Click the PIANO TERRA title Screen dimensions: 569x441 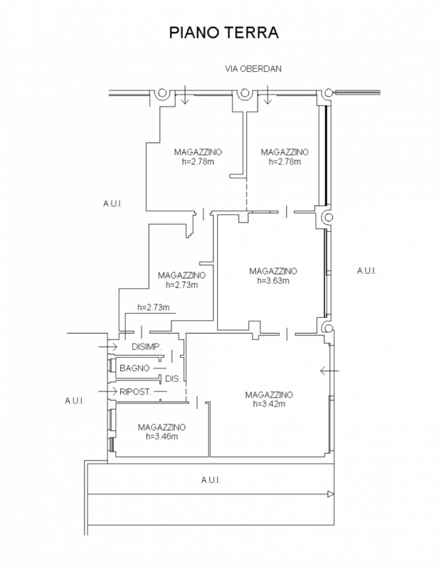pyautogui.click(x=220, y=33)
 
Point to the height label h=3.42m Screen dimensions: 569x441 pyautogui.click(x=269, y=404)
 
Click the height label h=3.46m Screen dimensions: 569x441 pyautogui.click(x=161, y=436)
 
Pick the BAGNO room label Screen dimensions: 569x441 pyautogui.click(x=134, y=368)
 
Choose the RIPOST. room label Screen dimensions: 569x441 pyautogui.click(x=134, y=391)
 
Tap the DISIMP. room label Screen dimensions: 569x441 pyautogui.click(x=148, y=346)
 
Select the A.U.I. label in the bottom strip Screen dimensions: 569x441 pyautogui.click(x=209, y=480)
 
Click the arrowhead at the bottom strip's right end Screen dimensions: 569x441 pyautogui.click(x=330, y=494)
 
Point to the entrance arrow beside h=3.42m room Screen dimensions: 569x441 pyautogui.click(x=328, y=370)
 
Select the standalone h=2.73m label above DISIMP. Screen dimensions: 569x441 pyautogui.click(x=152, y=308)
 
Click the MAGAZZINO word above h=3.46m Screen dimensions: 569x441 pyautogui.click(x=161, y=427)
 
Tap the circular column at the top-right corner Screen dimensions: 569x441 pyautogui.click(x=328, y=92)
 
